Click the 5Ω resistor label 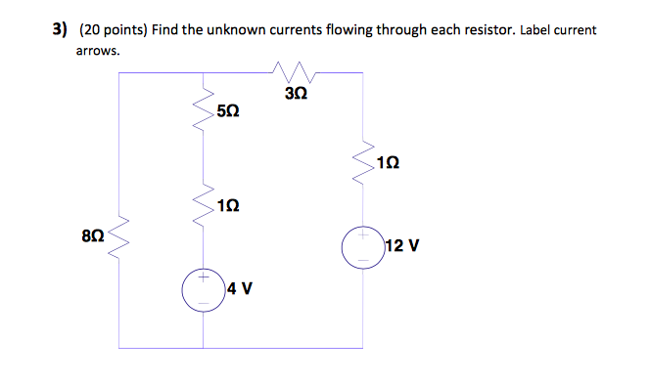click(226, 114)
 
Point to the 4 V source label click(240, 288)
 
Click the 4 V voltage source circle click(204, 289)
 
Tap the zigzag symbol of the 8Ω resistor click(118, 234)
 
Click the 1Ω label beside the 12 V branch click(389, 163)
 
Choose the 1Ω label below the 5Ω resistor click(227, 206)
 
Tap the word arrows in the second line click(98, 49)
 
